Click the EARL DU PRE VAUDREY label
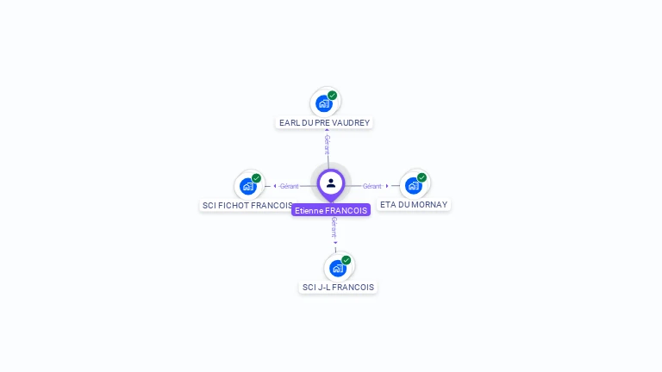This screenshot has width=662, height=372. coord(324,123)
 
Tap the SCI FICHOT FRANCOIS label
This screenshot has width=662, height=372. coord(247,206)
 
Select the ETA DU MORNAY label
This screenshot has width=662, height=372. coord(414,205)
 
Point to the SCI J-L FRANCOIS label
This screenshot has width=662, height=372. coord(338,288)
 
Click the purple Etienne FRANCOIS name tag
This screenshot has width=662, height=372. coord(331,210)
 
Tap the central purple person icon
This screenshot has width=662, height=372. coord(331,183)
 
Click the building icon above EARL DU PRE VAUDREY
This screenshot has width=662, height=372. coord(323,103)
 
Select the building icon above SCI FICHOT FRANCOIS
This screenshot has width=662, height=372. coord(247,186)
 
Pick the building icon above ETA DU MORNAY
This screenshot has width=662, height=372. coord(413,185)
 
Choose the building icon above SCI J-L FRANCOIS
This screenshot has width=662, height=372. coord(337,268)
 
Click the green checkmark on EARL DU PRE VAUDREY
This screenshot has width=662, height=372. coord(333,96)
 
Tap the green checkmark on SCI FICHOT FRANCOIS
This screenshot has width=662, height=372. coord(257,178)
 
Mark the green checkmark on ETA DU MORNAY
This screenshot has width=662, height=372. coord(422,177)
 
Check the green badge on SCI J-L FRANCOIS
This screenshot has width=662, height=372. coord(347,260)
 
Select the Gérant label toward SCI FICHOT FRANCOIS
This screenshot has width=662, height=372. coord(289,186)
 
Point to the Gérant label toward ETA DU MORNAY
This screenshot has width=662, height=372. coord(372,186)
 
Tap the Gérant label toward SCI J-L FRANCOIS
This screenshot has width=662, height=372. coord(334,226)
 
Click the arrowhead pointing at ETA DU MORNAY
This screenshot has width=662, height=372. coord(387,186)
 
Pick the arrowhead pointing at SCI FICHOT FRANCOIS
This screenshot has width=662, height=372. coord(274,186)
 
